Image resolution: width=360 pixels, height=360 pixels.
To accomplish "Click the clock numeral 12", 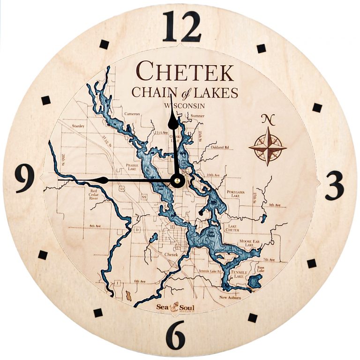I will click(182, 27).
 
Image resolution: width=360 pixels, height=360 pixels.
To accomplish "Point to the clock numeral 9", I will click(24, 179).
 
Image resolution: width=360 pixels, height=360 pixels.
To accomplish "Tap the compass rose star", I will click(268, 147).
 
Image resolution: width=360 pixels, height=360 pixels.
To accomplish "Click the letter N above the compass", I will click(268, 119).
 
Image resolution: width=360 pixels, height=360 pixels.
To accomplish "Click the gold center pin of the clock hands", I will click(178, 180).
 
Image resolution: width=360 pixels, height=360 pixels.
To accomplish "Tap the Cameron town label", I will click(132, 113).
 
